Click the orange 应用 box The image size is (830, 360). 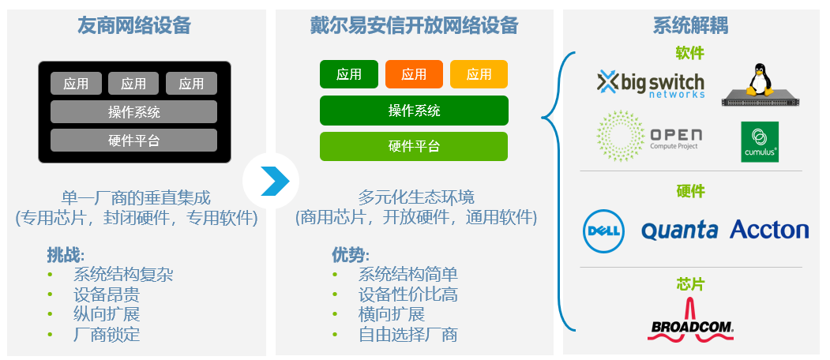(x=414, y=74)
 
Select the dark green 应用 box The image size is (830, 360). (x=349, y=74)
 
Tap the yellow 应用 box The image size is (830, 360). (x=479, y=74)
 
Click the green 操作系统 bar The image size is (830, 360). (x=414, y=111)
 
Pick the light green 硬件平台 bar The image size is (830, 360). (x=414, y=146)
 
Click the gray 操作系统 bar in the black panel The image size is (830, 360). (x=134, y=111)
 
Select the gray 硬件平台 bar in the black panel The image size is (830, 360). (x=134, y=141)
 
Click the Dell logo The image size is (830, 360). (x=604, y=231)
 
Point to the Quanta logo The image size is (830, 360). (x=680, y=231)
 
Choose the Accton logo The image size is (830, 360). (x=769, y=230)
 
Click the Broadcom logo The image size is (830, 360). (x=691, y=321)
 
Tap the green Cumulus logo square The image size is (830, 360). (x=760, y=142)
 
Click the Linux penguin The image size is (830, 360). (x=760, y=80)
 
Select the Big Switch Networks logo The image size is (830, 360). (x=651, y=84)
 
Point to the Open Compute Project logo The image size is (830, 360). (x=649, y=136)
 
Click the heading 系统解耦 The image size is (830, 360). (x=690, y=25)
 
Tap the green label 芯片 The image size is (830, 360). (x=691, y=283)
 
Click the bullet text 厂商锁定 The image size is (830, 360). (x=107, y=335)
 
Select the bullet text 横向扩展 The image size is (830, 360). (x=392, y=314)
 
